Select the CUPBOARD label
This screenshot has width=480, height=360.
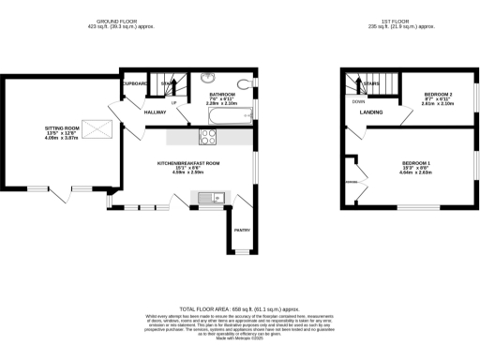[x=136, y=82]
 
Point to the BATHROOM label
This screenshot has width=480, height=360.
[x=222, y=94]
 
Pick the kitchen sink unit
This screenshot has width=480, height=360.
[x=208, y=196]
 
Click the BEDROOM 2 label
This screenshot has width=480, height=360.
[x=438, y=96]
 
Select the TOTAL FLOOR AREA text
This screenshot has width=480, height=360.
[x=240, y=308]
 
